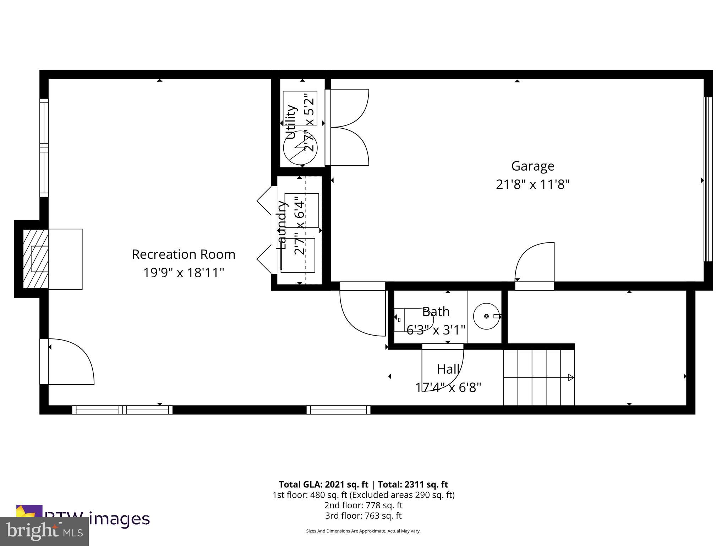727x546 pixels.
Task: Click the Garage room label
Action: [x=532, y=166]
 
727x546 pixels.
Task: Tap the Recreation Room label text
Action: [x=184, y=255]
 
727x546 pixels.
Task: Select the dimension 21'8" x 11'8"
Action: [x=532, y=184]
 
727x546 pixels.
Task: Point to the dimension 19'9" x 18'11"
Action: [x=184, y=273]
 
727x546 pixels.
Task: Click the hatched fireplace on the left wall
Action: [x=35, y=259]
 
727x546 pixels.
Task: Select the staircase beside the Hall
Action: [x=539, y=377]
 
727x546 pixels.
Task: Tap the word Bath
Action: [x=436, y=312]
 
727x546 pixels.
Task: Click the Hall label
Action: [x=448, y=369]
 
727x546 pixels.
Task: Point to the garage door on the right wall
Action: [x=708, y=180]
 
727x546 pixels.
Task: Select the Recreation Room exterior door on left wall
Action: [x=67, y=362]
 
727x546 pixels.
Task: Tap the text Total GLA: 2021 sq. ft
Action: [x=324, y=485]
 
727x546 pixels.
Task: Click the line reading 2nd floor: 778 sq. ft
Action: [x=363, y=505]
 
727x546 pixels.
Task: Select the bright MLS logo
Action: [x=44, y=531]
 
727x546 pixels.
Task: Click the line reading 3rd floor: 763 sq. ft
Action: [x=363, y=515]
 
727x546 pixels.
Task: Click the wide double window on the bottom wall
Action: [x=122, y=410]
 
